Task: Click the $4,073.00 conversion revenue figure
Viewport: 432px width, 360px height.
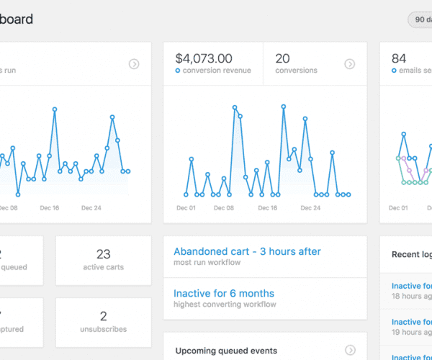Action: [204, 58]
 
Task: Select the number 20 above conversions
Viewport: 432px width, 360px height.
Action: [282, 58]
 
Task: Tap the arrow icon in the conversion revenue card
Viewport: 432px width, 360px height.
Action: [350, 64]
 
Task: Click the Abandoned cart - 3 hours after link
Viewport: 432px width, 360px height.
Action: [247, 251]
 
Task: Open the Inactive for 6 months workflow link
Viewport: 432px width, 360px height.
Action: [224, 293]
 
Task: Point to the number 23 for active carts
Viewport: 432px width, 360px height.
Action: [103, 253]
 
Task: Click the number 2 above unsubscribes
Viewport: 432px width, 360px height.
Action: [103, 316]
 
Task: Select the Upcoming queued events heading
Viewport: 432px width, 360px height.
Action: [226, 351]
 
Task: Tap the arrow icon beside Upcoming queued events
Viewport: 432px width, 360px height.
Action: [350, 351]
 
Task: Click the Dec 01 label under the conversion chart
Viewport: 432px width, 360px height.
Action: [186, 208]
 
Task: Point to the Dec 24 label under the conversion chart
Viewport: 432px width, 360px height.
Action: [310, 208]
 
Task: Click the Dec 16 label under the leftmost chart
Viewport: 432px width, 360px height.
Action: [50, 208]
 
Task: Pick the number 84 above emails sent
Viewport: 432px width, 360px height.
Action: [399, 58]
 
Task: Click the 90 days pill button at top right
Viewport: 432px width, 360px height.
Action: [420, 20]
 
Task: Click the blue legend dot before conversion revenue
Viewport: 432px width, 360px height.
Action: [178, 71]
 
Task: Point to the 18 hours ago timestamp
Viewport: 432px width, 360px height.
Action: [411, 296]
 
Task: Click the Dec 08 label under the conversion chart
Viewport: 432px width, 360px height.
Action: [225, 208]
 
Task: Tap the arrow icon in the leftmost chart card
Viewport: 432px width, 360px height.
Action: [134, 64]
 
